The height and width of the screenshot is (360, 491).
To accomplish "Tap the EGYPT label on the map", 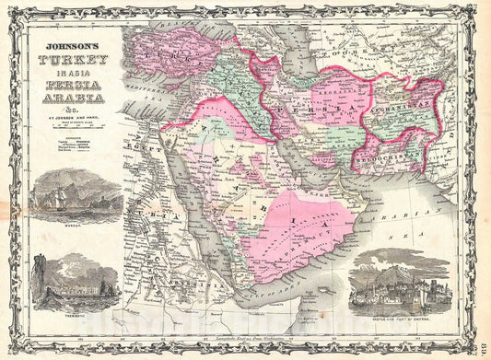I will [x=150, y=145].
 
